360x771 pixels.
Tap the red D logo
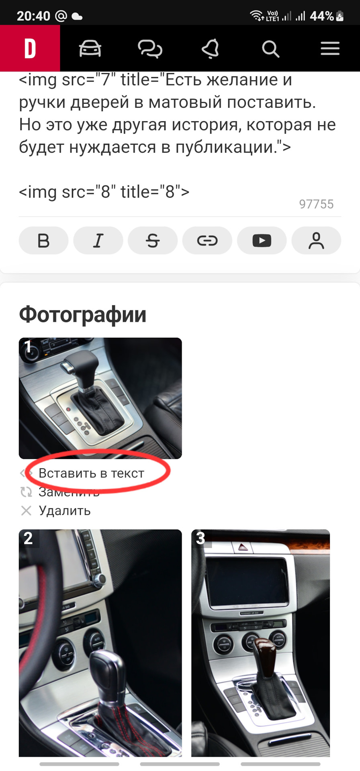point(30,49)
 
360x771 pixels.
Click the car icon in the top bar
point(90,49)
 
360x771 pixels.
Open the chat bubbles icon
point(150,49)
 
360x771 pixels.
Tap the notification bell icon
point(210,49)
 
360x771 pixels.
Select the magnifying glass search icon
point(270,49)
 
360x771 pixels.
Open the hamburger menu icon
point(330,49)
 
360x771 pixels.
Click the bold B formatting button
point(43,241)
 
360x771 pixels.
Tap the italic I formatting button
point(98,241)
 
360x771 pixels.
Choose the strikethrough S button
point(153,241)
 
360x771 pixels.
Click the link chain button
point(207,241)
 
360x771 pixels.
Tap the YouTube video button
point(262,241)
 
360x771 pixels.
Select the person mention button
point(316,241)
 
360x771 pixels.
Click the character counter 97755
point(316,204)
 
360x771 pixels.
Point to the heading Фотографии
point(83,314)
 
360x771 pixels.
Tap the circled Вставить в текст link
point(91,473)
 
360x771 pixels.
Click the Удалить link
point(64,511)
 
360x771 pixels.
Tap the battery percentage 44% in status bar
point(322,16)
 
